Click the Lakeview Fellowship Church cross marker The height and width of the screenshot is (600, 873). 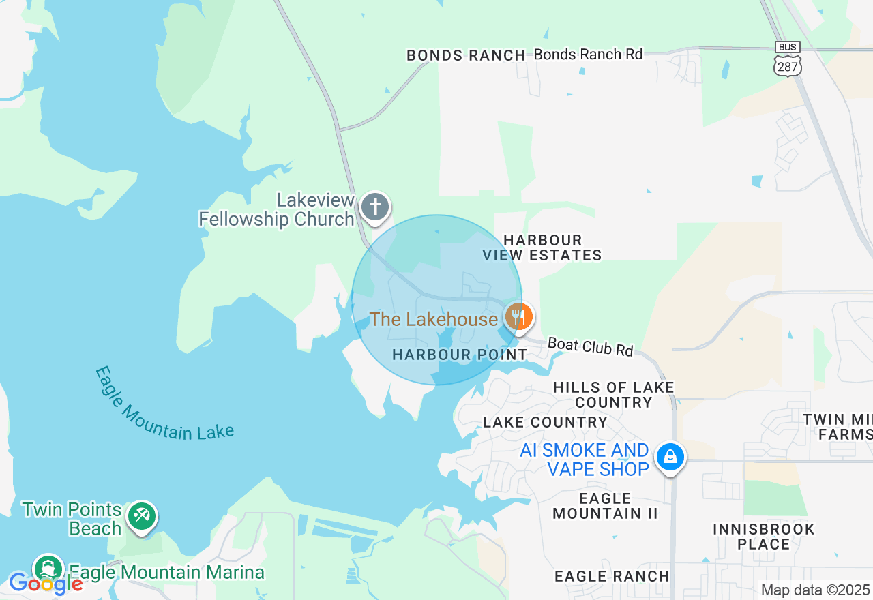(x=374, y=206)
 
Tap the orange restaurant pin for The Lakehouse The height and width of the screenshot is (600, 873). (x=519, y=316)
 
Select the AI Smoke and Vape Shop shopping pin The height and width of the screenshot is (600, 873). (x=670, y=457)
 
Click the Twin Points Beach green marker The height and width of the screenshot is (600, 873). (x=141, y=515)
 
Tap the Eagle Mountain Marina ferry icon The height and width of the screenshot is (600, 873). (x=48, y=568)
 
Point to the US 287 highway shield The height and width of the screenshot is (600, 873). (x=788, y=65)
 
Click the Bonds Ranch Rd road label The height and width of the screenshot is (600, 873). (x=588, y=55)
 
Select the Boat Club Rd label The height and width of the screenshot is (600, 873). (x=591, y=346)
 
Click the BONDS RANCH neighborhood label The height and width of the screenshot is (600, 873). (x=466, y=55)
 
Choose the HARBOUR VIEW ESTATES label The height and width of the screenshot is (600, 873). (x=542, y=247)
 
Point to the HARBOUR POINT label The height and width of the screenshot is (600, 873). (x=460, y=355)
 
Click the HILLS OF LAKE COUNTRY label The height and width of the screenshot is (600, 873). (x=613, y=395)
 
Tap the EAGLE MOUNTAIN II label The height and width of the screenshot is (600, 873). (x=605, y=506)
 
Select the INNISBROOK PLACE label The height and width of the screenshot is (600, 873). (x=763, y=537)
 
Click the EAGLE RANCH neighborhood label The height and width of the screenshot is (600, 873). (x=612, y=576)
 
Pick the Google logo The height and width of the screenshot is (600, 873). (x=45, y=584)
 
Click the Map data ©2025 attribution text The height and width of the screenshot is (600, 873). (x=815, y=590)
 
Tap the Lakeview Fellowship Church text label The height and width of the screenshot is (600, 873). (x=277, y=209)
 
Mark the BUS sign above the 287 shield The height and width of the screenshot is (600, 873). (x=788, y=47)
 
